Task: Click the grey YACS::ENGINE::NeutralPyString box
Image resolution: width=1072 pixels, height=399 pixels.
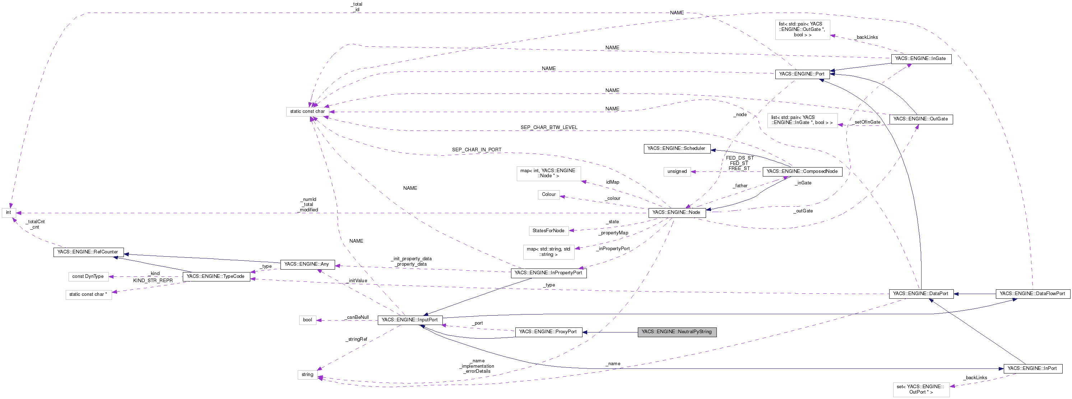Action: (x=677, y=332)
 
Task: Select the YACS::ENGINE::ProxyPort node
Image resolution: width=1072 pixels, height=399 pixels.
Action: (x=548, y=332)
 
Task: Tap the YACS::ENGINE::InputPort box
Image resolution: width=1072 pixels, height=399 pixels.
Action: (x=410, y=320)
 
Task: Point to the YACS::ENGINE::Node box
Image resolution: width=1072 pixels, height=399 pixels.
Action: (x=677, y=212)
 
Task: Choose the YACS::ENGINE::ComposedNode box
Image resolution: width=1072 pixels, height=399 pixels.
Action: (x=802, y=171)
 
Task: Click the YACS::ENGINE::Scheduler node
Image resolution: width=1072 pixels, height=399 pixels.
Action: (x=676, y=149)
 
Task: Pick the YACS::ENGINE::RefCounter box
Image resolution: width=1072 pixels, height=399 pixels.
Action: (x=88, y=252)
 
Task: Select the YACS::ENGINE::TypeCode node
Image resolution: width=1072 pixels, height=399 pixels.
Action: (x=215, y=276)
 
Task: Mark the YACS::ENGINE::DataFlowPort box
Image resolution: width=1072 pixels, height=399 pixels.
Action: (x=1032, y=294)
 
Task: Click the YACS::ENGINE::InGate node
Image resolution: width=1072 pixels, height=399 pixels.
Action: (x=920, y=59)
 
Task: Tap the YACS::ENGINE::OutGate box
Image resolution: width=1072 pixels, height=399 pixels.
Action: (x=920, y=119)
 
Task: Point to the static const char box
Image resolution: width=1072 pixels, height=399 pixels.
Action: (x=307, y=112)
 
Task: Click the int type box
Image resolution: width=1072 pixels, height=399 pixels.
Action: (x=8, y=213)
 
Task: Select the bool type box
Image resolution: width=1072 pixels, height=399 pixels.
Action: (x=307, y=320)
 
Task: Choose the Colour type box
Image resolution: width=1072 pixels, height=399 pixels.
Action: (x=548, y=194)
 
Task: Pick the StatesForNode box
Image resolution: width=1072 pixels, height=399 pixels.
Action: (x=548, y=231)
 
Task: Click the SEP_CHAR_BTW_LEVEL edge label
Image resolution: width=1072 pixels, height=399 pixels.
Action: (x=549, y=128)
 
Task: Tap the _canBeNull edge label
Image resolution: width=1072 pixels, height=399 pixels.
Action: (x=357, y=317)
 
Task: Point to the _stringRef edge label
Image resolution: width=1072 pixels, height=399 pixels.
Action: (x=357, y=339)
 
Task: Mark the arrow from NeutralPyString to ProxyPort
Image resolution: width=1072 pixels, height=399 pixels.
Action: (x=610, y=332)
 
